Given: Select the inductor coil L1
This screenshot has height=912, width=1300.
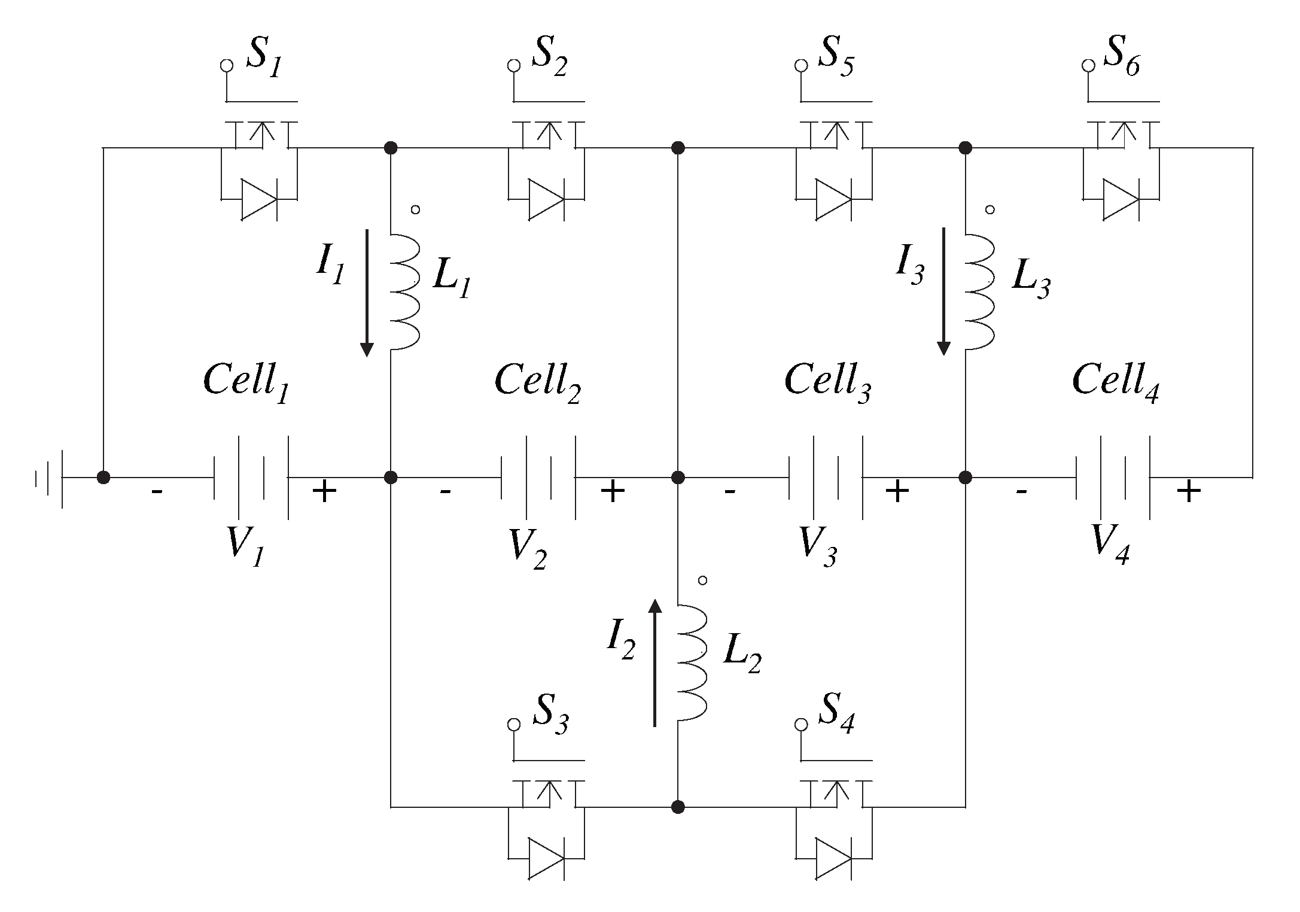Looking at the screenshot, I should (x=406, y=291).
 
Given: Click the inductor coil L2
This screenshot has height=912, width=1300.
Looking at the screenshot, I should (x=693, y=661).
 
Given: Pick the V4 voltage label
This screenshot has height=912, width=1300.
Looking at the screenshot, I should (x=1110, y=545).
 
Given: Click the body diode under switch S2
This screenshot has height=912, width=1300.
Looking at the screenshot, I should (x=546, y=199).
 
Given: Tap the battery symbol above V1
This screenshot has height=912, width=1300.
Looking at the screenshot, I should (x=251, y=477).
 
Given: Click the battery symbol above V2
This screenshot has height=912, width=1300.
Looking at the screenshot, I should (x=538, y=477).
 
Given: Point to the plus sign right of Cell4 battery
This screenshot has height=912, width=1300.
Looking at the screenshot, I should (x=1189, y=492).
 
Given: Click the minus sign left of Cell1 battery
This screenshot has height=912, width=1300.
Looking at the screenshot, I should (x=156, y=492).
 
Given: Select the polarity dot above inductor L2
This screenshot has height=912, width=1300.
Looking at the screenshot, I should (x=703, y=580).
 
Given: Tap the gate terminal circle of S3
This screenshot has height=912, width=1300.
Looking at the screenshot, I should (x=513, y=724).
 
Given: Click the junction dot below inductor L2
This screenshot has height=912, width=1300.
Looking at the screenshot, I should (x=678, y=807).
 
